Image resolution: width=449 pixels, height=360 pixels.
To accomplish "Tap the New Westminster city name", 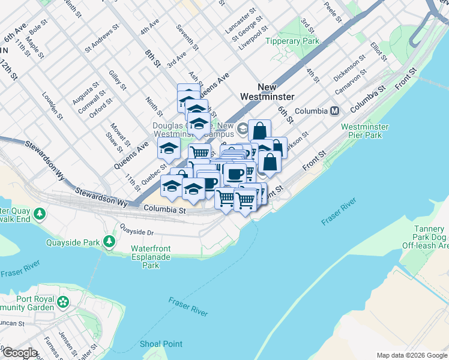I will (267, 91).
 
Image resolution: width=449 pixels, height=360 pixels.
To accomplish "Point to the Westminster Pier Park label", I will (365, 131).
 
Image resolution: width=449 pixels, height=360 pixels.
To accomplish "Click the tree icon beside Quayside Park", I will (109, 241).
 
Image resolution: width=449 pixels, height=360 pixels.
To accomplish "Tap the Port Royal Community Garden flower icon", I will (63, 301).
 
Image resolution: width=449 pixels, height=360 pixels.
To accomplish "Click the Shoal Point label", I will (161, 344).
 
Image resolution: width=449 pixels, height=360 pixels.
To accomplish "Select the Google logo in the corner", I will (19, 353).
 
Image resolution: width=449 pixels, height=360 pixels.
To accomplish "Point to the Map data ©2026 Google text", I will (411, 355).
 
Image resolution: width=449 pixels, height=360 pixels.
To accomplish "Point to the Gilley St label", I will (118, 80).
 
